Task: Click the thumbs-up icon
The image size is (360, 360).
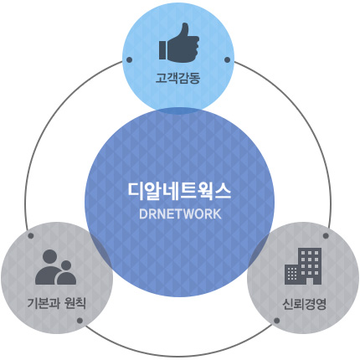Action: pos(179,43)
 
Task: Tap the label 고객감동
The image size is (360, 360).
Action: pos(177,78)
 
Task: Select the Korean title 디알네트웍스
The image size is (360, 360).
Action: pos(179,192)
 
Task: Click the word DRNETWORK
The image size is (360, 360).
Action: pos(180,214)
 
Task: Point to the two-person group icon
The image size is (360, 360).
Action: pos(55,267)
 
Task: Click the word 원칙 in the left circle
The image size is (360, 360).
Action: pos(75,303)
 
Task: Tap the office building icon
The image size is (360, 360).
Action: pos(303,266)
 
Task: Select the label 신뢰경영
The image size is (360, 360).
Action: pos(304,304)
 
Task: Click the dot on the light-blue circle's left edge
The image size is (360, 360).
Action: pos(129,59)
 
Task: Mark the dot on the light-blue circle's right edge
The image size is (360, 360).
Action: pos(227,59)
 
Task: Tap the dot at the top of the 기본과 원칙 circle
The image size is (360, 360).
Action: pos(31,236)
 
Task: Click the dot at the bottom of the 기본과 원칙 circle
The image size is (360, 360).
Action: pos(80,321)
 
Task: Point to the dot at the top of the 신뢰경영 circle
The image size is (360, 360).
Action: pos(326,236)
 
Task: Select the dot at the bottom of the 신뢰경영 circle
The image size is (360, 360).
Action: pos(276,321)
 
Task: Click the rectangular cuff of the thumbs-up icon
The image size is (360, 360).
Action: pos(162,50)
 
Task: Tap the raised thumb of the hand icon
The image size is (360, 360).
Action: pos(184,30)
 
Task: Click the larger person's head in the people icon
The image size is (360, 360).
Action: pos(49,256)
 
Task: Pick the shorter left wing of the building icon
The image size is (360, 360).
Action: pos(291,275)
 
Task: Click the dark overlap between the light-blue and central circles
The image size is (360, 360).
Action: pos(179,111)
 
